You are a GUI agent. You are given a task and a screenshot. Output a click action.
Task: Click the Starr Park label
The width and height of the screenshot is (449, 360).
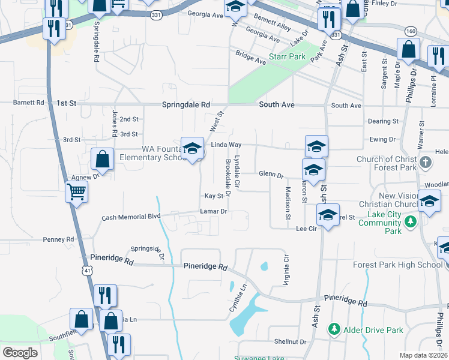(288, 57)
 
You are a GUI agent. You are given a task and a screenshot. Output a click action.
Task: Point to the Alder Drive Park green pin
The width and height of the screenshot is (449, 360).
(334, 329)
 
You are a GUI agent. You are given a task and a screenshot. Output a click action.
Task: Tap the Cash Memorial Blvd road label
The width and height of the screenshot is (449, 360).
(131, 217)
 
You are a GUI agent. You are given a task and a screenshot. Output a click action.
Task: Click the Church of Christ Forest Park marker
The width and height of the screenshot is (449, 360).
(425, 162)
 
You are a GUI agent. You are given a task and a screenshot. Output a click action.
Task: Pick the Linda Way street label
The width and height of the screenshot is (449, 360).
(226, 145)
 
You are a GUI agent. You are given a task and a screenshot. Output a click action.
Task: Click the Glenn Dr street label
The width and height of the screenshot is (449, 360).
(271, 175)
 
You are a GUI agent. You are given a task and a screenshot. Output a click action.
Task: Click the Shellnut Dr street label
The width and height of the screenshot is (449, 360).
(290, 341)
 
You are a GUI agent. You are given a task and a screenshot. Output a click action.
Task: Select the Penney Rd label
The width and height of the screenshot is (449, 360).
(58, 239)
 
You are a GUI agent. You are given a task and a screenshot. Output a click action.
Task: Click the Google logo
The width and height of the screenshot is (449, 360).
(20, 353)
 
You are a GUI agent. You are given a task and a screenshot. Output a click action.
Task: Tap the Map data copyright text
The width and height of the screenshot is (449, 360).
(423, 355)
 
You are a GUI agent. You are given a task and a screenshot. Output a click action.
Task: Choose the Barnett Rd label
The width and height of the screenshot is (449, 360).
(28, 103)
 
